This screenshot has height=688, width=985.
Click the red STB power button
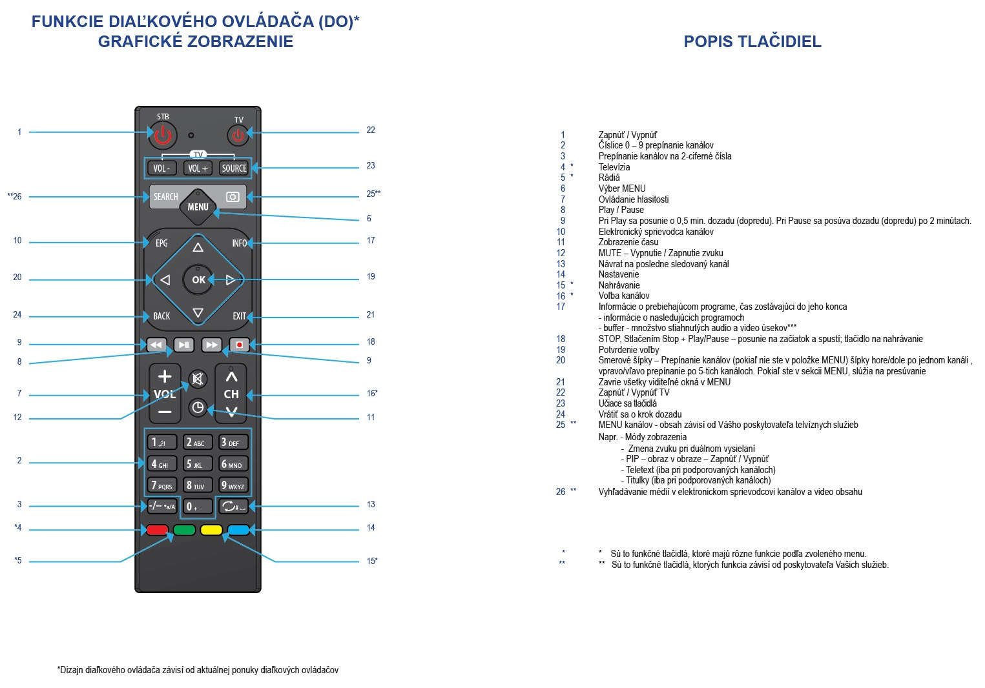point(162,135)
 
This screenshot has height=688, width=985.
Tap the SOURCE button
point(234,168)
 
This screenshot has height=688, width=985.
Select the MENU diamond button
point(198,207)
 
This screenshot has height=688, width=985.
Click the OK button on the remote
point(198,279)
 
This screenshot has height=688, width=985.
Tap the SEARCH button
point(165,197)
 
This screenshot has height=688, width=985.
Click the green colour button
point(184,531)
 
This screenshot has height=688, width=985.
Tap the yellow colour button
point(211,531)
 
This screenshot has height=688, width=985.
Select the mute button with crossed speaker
point(198,379)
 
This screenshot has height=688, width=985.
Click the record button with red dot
point(239,345)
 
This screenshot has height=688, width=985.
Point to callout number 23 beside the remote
point(371,165)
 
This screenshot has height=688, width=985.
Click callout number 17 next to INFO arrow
point(371,240)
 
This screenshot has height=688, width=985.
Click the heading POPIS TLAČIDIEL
point(752,41)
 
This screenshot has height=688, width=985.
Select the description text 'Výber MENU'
point(621,188)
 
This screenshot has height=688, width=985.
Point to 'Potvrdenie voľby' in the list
point(628,350)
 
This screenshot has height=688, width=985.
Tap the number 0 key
point(197,507)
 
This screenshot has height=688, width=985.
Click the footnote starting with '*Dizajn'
point(198,670)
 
